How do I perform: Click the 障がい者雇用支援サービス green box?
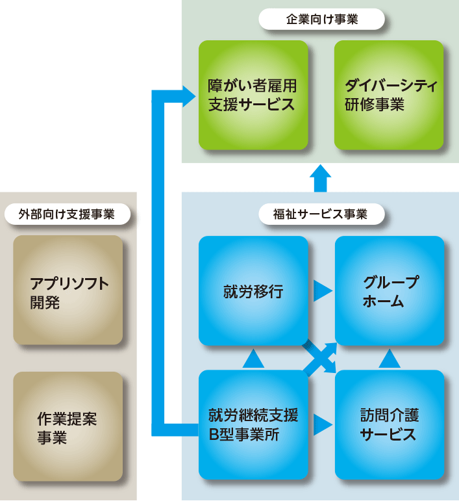253,95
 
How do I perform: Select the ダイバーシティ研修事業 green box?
389,95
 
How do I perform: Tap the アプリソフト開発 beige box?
68,290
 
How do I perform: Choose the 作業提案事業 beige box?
68,426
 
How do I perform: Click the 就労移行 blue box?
253,290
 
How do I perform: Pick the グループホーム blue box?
390,290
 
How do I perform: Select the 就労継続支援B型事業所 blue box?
253,425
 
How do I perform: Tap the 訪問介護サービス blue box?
390,425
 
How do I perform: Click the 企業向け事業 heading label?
322,19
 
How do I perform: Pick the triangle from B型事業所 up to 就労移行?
253,357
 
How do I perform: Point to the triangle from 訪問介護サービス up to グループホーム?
390,357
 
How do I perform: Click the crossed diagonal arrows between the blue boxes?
321,357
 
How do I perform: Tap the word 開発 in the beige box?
45,302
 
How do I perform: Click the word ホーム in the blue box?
383,302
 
